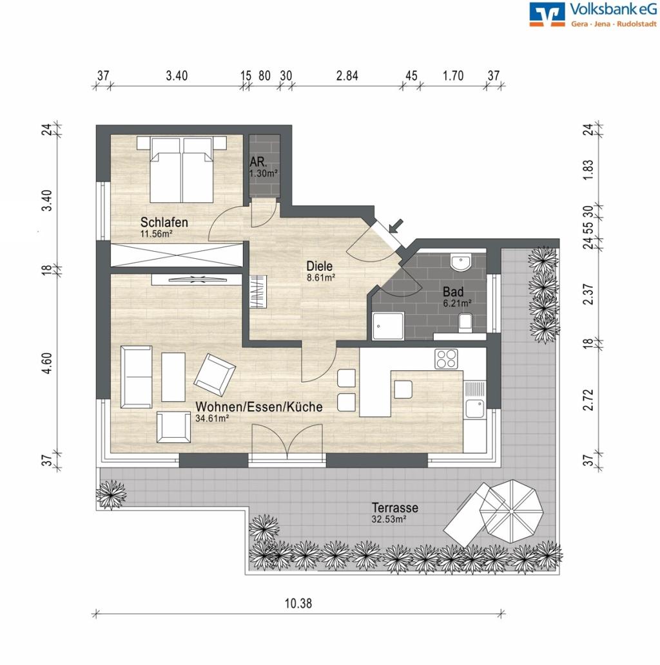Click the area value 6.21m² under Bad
click(456, 302)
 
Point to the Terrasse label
click(394, 508)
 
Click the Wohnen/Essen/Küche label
click(259, 407)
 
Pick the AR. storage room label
click(258, 164)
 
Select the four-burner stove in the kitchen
click(446, 358)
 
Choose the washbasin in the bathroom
click(460, 263)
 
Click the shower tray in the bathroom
click(389, 326)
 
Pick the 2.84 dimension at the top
click(347, 75)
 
